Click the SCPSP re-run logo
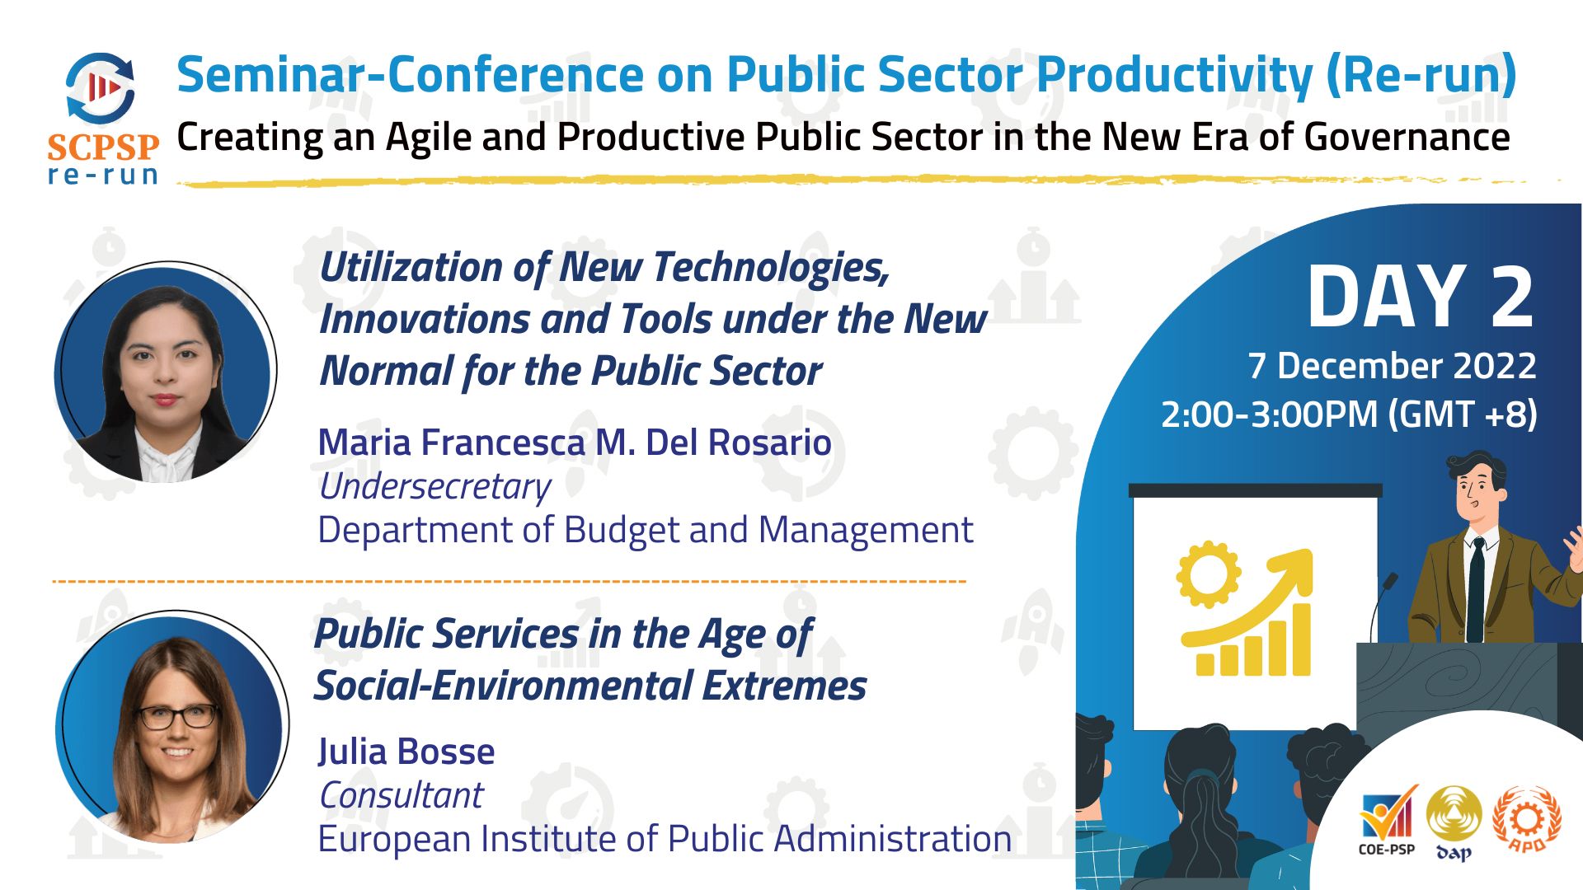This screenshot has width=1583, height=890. pos(103,118)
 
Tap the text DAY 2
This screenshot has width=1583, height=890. pos(1421,297)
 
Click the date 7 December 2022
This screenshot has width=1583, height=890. pos(1392,366)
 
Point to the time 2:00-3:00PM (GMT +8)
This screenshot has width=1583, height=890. pos(1349,415)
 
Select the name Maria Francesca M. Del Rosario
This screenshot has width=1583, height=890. pos(575,443)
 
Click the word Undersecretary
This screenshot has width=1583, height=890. pos(435,487)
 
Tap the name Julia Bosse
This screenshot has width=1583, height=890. pos(406,752)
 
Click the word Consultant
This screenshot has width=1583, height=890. pos(401,795)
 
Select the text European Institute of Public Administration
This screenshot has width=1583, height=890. pos(665,839)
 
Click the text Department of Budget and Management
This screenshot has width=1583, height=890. pos(646,530)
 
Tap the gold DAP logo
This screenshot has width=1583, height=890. pos(1454,823)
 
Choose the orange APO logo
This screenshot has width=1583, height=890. pos(1526,820)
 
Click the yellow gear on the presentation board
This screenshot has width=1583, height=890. pos(1208,574)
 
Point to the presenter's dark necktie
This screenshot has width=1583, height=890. pos(1477,588)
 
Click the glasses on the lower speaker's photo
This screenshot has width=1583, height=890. pos(176,716)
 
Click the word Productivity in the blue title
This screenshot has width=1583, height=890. pos(1174,75)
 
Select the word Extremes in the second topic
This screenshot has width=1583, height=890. pos(784,686)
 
